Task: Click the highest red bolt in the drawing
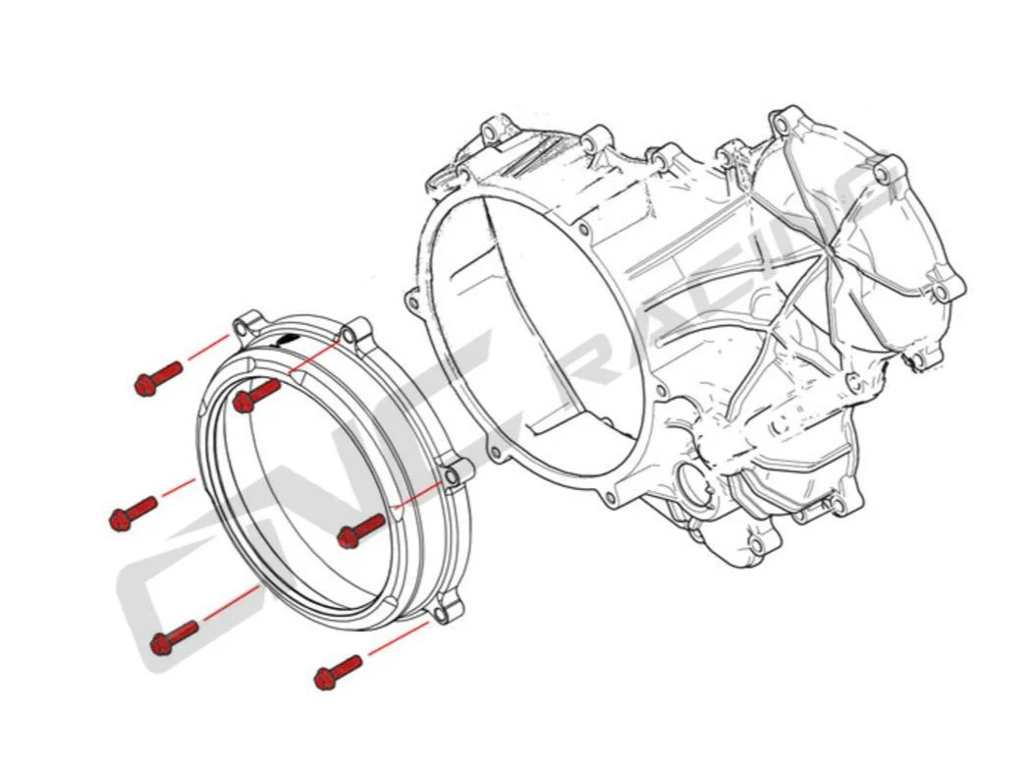[x=158, y=378]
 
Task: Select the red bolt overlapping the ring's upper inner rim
[x=256, y=395]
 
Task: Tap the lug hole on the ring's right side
[x=452, y=476]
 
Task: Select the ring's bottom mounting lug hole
[x=439, y=614]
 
